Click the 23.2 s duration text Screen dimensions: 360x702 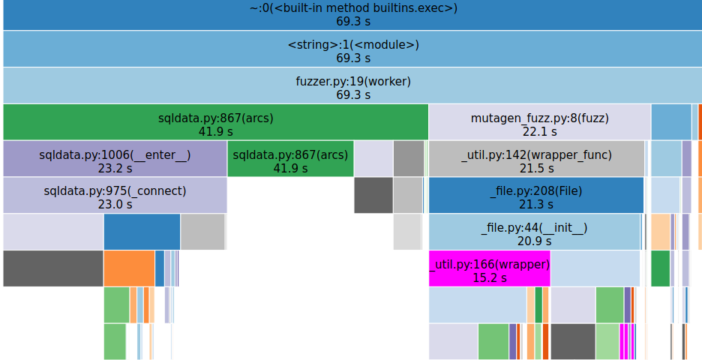115,168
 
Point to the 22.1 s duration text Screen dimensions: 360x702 539,131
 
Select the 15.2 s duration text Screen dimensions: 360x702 489,277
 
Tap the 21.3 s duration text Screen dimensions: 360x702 535,204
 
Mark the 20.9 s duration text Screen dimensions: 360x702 534,241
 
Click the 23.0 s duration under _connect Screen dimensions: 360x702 115,204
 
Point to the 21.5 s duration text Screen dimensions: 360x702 536,168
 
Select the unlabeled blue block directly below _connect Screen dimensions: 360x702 142,231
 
